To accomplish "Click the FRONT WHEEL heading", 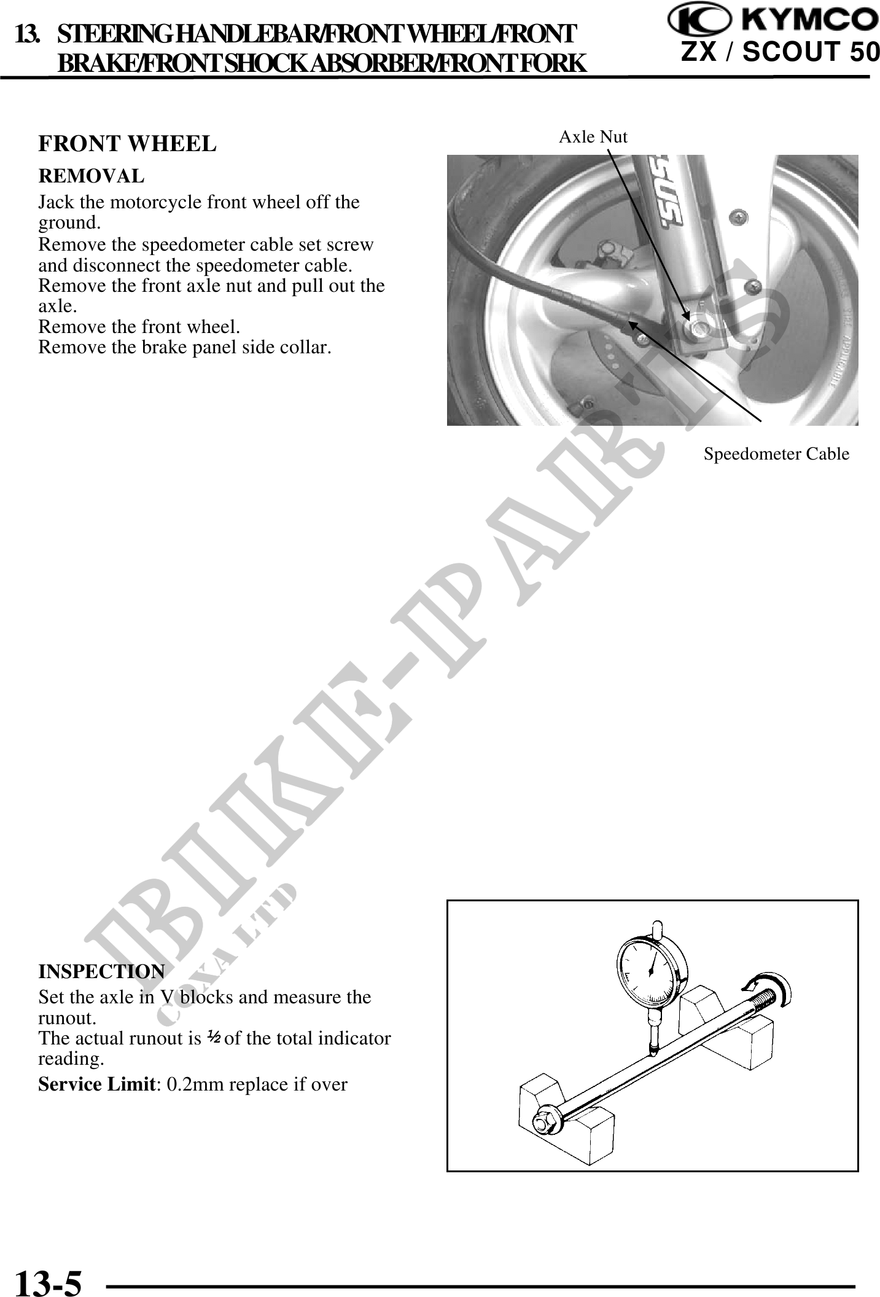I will (x=127, y=144).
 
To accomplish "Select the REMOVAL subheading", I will (x=92, y=176).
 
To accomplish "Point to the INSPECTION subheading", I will (x=101, y=971).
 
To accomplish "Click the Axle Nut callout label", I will (x=593, y=137).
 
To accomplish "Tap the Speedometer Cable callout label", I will (x=776, y=454).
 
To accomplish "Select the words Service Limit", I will (x=95, y=1084).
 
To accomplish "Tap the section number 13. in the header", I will (x=26, y=35).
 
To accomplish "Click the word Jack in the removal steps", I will (x=52, y=202).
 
